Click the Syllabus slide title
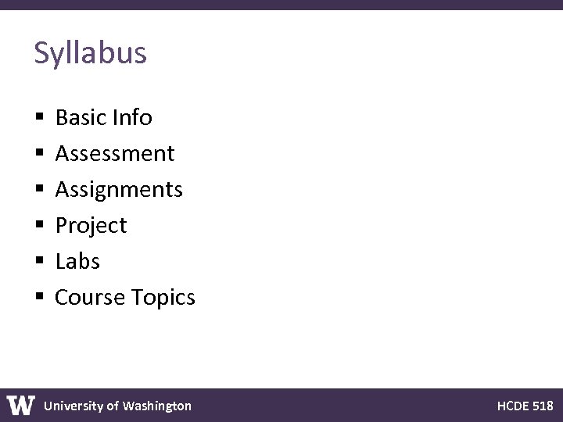click(x=90, y=53)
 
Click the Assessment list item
click(x=115, y=154)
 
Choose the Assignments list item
click(x=119, y=190)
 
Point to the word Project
click(x=91, y=226)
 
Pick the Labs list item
click(x=77, y=262)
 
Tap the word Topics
click(x=163, y=298)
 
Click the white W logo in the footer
click(x=21, y=406)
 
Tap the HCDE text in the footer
click(x=512, y=406)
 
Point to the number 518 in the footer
click(x=543, y=406)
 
